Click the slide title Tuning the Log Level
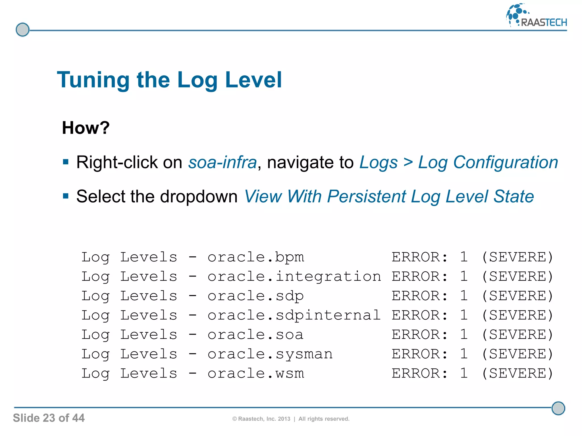coord(169,80)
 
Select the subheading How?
coord(86,128)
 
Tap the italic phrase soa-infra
coord(223,162)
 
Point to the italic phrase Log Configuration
coord(488,162)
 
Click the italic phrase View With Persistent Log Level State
coord(389,196)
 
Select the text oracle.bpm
coord(256,257)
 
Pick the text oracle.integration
coord(294,276)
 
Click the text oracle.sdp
coord(256,296)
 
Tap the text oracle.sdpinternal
coord(294,315)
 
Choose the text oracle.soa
coord(256,335)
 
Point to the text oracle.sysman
coord(270,354)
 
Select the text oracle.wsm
coord(256,373)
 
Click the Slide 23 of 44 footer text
coord(49,418)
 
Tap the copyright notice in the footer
coord(291,419)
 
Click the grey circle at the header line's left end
coord(22,30)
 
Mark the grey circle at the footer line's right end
coord(558,408)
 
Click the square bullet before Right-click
coord(66,162)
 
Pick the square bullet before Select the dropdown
coord(66,196)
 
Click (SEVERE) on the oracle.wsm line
coord(517,373)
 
